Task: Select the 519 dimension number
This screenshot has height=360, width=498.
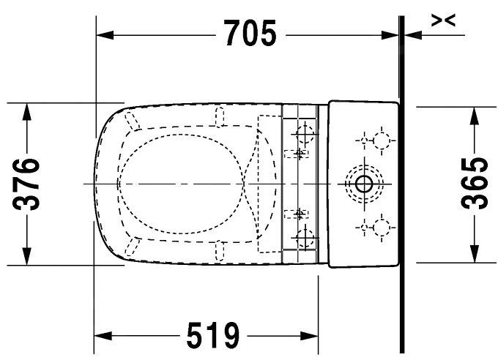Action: pyautogui.click(x=213, y=337)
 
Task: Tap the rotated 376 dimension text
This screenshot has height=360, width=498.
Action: pyautogui.click(x=29, y=184)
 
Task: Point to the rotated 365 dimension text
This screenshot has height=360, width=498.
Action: pyautogui.click(x=475, y=183)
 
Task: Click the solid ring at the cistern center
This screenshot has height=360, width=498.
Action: pyautogui.click(x=363, y=183)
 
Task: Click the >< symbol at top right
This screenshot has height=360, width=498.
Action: pyautogui.click(x=443, y=21)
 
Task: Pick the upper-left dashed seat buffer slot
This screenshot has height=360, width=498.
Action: pyautogui.click(x=132, y=121)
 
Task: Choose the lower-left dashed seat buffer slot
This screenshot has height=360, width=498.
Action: pyautogui.click(x=132, y=244)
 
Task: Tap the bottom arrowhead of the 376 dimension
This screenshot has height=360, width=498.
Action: pyautogui.click(x=28, y=255)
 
